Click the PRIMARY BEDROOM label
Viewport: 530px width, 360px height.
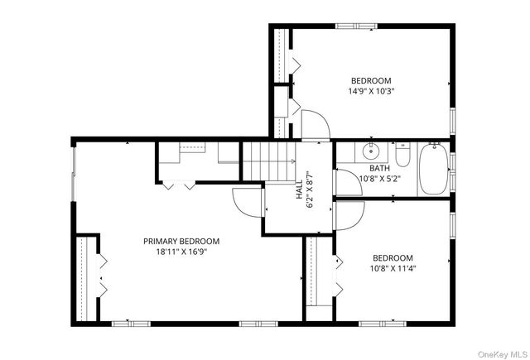pyautogui.click(x=181, y=242)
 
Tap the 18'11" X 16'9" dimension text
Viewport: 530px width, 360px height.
pyautogui.click(x=181, y=252)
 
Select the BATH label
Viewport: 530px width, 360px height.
pyautogui.click(x=379, y=168)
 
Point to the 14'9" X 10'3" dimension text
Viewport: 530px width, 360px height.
pyautogui.click(x=372, y=91)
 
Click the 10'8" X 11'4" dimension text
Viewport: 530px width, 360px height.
pyautogui.click(x=393, y=269)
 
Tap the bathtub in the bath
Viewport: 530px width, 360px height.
pyautogui.click(x=434, y=169)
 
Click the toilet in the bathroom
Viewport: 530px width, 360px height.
pyautogui.click(x=403, y=155)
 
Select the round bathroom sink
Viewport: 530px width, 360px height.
pyautogui.click(x=371, y=151)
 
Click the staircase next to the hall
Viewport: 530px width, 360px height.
pyautogui.click(x=269, y=161)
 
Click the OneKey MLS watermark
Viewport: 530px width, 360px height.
pyautogui.click(x=503, y=354)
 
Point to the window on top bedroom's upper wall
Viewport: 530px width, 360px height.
pyautogui.click(x=357, y=26)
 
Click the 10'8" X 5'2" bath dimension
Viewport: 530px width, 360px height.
pyautogui.click(x=379, y=179)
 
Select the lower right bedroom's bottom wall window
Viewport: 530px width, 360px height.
pyautogui.click(x=383, y=324)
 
